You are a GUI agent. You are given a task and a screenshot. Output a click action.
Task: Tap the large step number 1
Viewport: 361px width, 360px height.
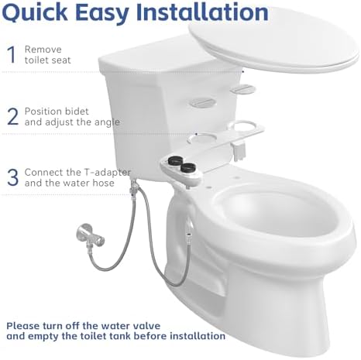[x=11, y=54]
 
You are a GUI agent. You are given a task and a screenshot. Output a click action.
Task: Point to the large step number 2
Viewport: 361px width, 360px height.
[x=12, y=116]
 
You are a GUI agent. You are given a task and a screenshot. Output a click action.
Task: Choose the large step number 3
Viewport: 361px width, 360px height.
[x=12, y=177]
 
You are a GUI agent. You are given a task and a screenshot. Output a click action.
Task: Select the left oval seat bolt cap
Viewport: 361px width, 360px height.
[x=202, y=101]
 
